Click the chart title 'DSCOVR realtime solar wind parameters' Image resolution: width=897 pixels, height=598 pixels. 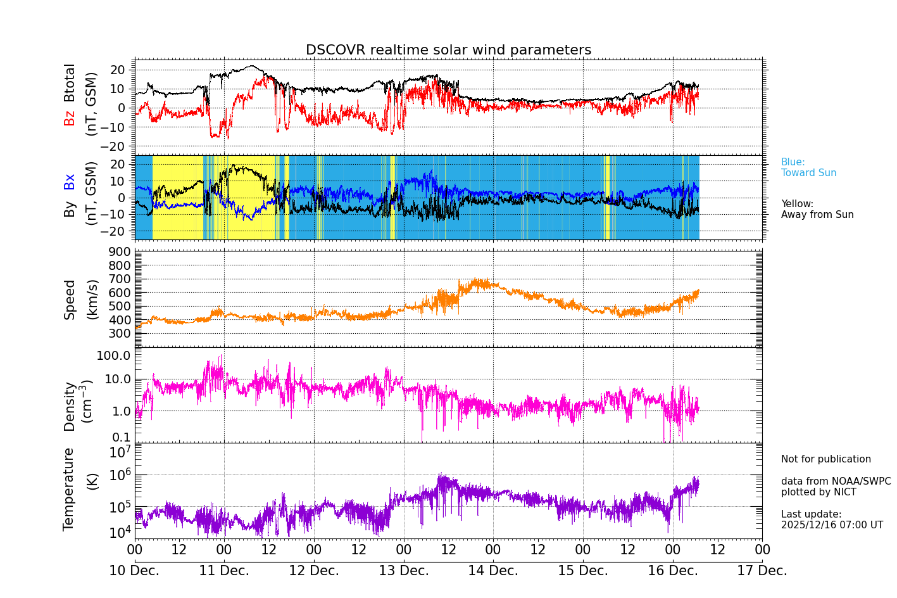point(448,50)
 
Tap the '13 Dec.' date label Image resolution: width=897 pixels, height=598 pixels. point(403,571)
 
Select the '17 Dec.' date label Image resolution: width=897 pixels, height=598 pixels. point(762,571)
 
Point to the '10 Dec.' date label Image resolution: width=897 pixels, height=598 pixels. point(134,571)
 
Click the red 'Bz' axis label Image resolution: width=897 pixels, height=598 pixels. point(70,118)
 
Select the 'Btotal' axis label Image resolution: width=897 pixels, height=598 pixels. point(70,83)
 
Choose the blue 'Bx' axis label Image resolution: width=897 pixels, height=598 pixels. point(70,181)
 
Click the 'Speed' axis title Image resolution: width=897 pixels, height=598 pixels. point(70,300)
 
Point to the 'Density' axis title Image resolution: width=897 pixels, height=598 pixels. point(70,406)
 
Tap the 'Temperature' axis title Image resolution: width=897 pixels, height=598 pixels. point(69,488)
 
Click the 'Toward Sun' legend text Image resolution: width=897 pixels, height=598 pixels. point(808,173)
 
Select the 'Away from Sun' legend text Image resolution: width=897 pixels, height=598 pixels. point(817,215)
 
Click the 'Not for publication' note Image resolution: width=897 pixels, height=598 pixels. point(825,459)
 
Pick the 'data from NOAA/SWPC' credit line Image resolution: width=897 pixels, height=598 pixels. point(836,481)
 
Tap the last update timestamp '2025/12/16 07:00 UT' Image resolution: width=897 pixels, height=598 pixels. point(832,525)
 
